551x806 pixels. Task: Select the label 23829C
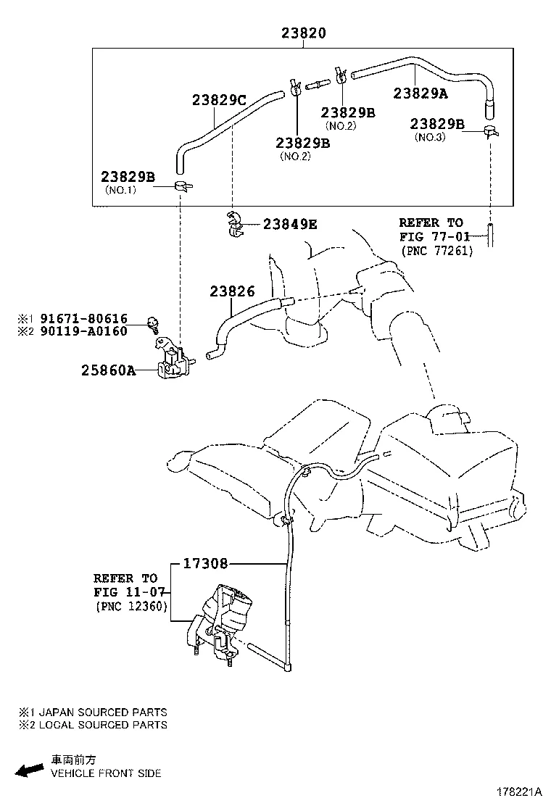[220, 100]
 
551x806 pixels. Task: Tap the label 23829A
[420, 93]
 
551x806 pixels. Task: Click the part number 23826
[232, 292]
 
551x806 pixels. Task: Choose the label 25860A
[108, 371]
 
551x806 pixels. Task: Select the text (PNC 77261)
[436, 251]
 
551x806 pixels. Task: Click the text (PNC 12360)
[130, 607]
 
